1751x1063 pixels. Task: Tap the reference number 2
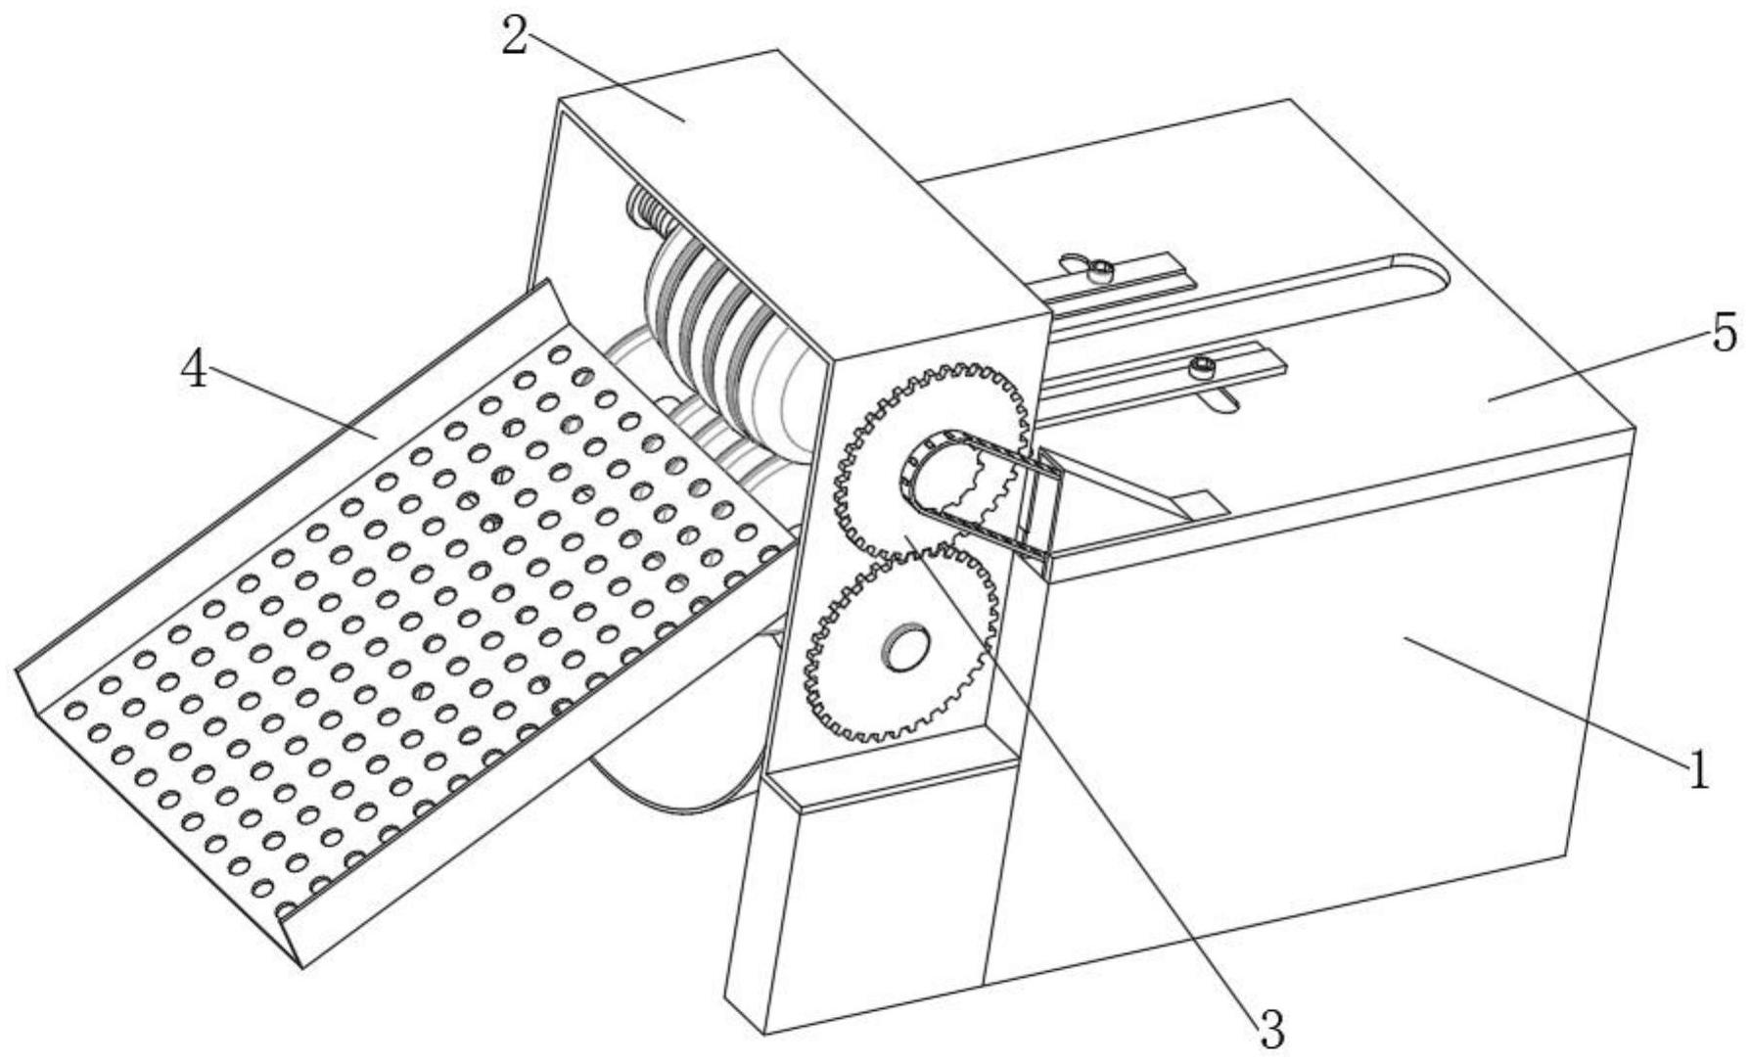tap(516, 36)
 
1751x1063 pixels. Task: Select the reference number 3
tap(1270, 1028)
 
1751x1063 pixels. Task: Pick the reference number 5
tap(1724, 333)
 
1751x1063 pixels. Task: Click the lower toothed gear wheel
tap(899, 644)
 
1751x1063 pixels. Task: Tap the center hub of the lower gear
tap(905, 646)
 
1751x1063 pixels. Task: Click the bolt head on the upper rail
tap(1103, 271)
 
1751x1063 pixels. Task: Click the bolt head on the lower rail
tap(1201, 369)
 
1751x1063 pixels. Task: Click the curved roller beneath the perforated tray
tap(675, 773)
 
